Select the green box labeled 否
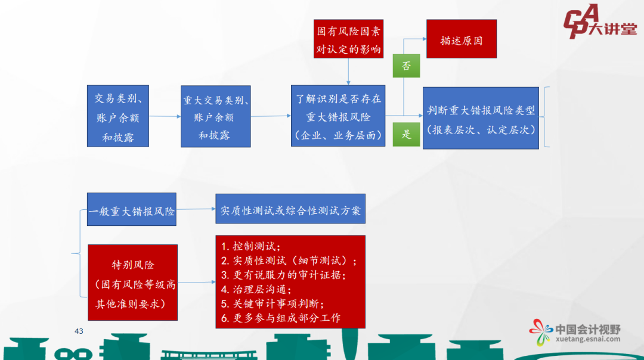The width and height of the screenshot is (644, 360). pos(406,66)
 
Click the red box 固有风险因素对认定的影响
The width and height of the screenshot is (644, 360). pos(349,39)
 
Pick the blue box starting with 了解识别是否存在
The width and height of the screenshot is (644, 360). pos(338,116)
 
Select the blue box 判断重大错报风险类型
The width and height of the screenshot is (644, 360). pos(481,118)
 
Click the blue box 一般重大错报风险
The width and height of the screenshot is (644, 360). pos(132,210)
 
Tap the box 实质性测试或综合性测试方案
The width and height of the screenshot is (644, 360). pos(290,210)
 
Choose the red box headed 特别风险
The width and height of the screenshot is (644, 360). pos(132,283)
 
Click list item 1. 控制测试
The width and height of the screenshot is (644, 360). pos(251,246)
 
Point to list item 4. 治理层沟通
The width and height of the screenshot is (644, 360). pos(256,290)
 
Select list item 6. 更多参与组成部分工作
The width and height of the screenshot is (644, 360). pos(281,318)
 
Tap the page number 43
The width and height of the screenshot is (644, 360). pos(79,331)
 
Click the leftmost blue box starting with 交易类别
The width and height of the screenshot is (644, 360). pos(118,117)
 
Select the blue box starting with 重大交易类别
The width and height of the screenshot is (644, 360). pos(216,117)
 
